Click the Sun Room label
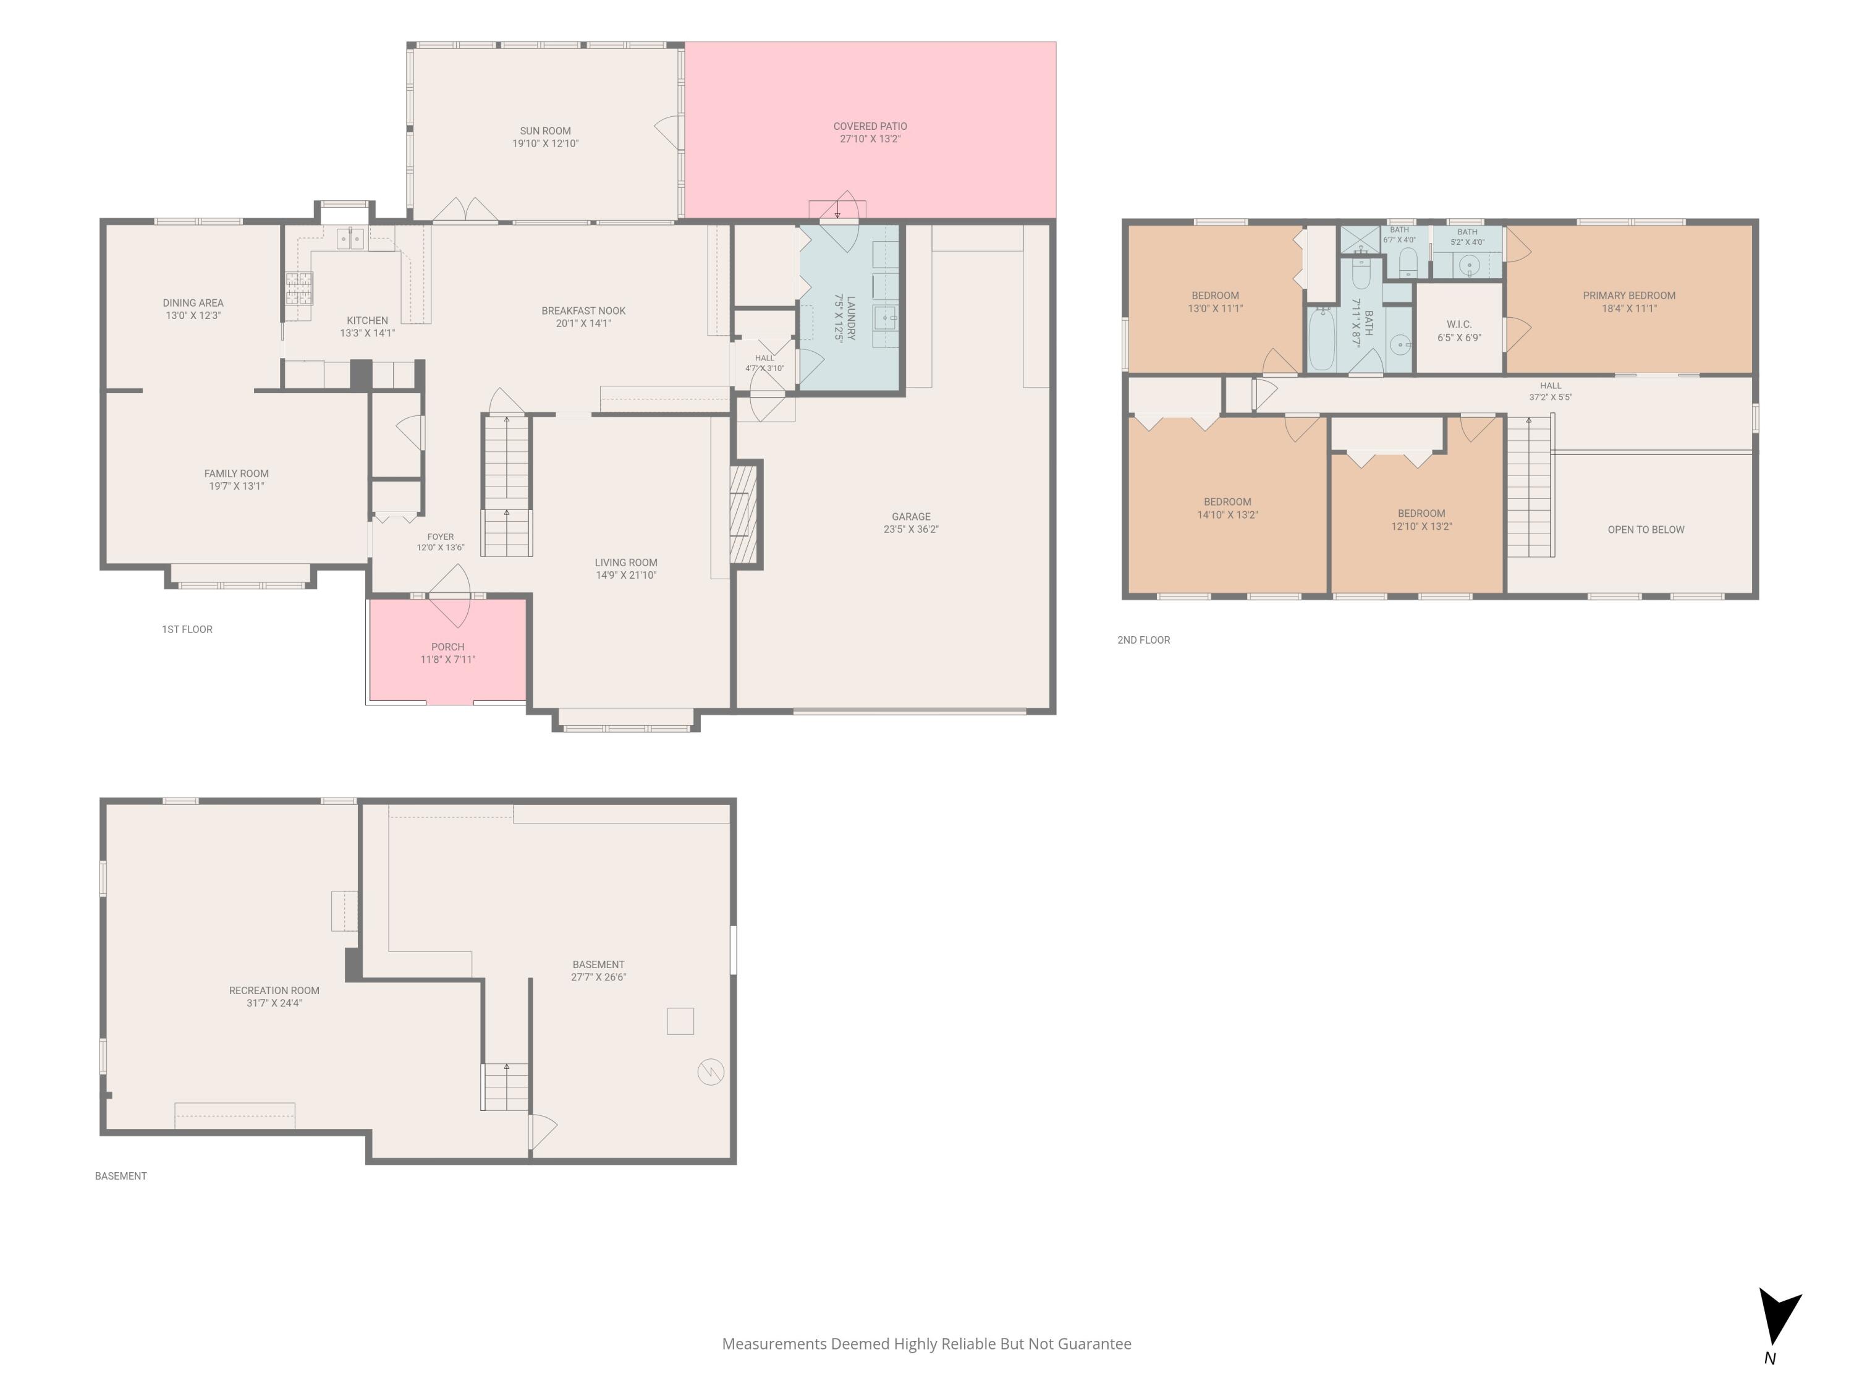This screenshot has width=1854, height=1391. (545, 131)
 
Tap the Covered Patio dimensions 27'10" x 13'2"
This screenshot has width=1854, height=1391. (870, 139)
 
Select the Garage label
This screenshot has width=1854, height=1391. (911, 516)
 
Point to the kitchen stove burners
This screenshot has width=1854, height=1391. (299, 289)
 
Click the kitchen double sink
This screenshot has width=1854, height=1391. (350, 239)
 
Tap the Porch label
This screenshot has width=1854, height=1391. (447, 647)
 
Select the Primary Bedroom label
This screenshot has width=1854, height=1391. (1628, 295)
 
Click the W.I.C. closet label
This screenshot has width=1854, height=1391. (1459, 325)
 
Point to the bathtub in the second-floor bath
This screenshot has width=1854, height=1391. (1322, 339)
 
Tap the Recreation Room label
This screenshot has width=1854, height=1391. (274, 990)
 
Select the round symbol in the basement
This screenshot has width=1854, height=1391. (711, 1071)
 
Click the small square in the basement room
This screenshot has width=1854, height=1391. (680, 1021)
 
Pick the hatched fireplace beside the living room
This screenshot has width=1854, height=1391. (743, 514)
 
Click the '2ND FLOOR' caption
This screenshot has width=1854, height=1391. (1143, 640)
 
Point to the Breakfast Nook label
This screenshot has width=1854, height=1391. (583, 311)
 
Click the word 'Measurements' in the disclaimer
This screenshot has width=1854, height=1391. (774, 1344)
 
